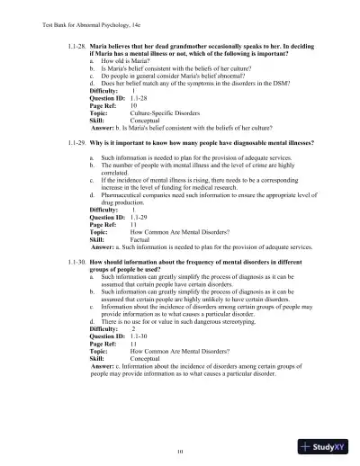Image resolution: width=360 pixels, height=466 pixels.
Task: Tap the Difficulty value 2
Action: [134, 328]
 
